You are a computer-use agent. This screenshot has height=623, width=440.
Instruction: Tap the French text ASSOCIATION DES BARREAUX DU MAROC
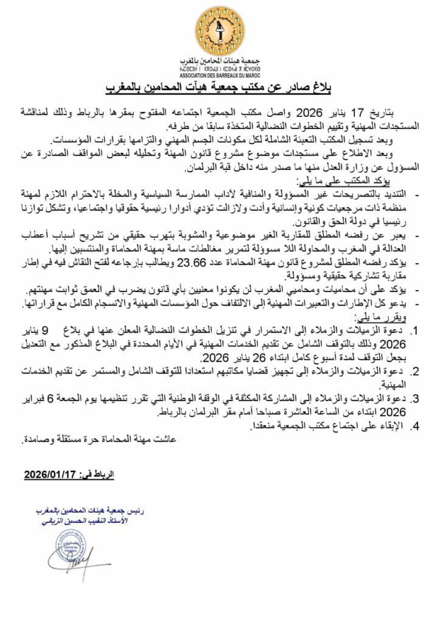(x=219, y=77)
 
